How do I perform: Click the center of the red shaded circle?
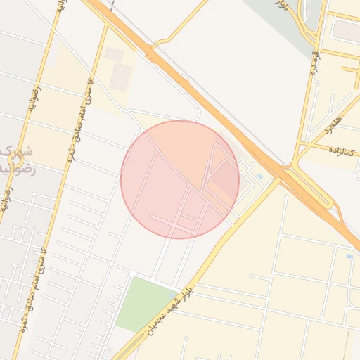click(180, 179)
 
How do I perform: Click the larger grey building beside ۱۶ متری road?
click(120, 77)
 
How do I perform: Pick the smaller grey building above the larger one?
click(114, 54)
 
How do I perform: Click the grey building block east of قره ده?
click(345, 30)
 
